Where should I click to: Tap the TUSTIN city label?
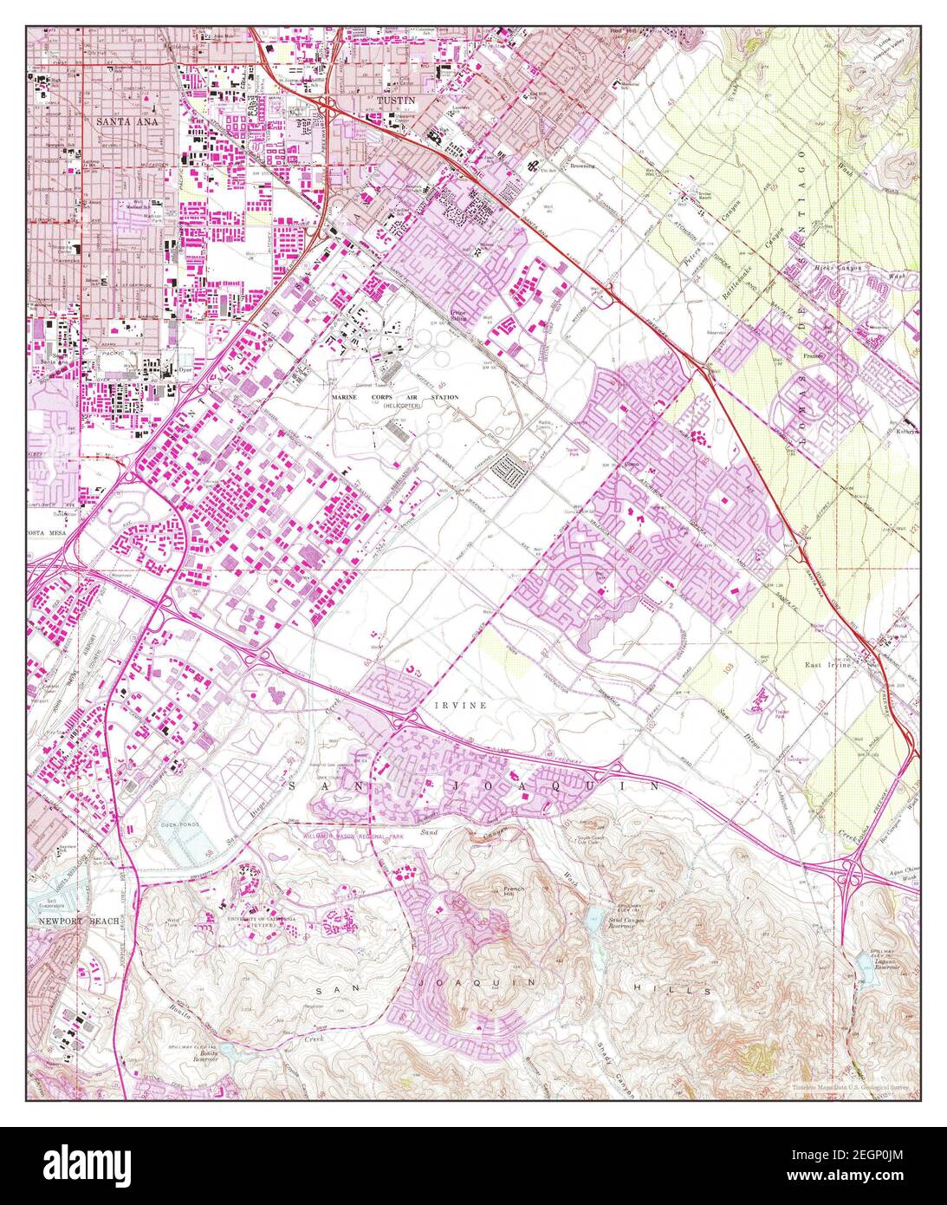click(x=397, y=101)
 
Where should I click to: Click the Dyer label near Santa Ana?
click(x=183, y=368)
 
